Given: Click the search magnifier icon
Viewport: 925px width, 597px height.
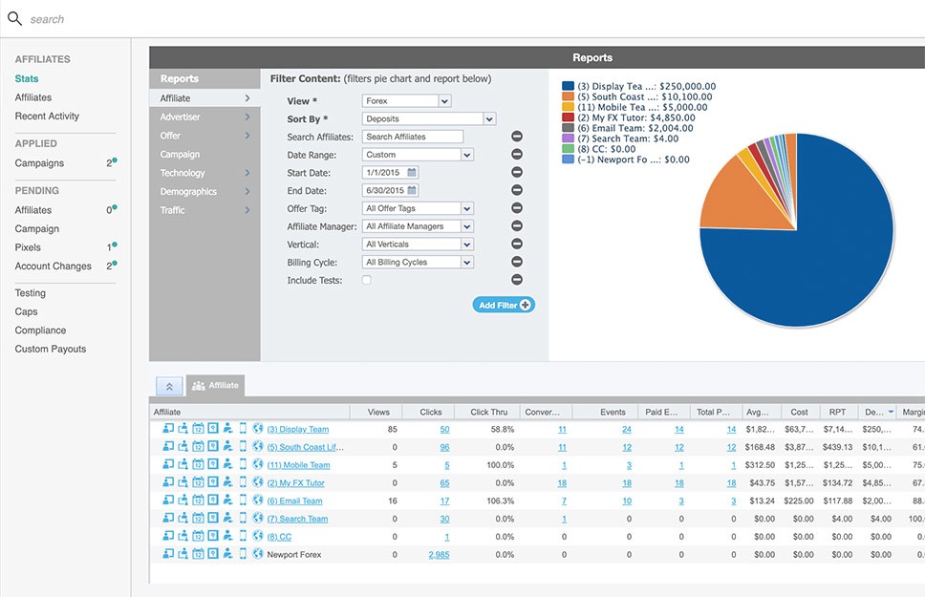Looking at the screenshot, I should click(14, 18).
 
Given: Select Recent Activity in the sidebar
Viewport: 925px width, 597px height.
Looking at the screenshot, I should click(47, 117).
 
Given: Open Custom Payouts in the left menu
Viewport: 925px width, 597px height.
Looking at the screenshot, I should click(50, 350).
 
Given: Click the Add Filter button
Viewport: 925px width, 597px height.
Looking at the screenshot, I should click(504, 305).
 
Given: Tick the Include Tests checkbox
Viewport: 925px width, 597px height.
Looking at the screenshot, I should click(367, 281).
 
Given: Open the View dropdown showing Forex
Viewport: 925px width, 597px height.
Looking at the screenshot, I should click(406, 100).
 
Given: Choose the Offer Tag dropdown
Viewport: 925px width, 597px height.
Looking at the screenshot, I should click(419, 208).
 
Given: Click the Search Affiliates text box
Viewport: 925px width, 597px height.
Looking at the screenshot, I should click(412, 138).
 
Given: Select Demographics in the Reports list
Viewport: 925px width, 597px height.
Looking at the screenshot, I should click(188, 192).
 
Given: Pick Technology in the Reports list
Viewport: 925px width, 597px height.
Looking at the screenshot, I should click(183, 173).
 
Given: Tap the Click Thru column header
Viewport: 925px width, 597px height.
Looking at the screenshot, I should click(492, 413).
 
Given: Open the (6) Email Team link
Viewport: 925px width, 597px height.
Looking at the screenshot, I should click(294, 501).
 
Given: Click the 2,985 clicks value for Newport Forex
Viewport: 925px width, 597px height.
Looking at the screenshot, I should click(439, 554).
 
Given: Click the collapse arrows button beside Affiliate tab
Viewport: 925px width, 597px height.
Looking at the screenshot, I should click(169, 387).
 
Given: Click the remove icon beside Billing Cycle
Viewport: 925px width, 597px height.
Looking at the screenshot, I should click(517, 262).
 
